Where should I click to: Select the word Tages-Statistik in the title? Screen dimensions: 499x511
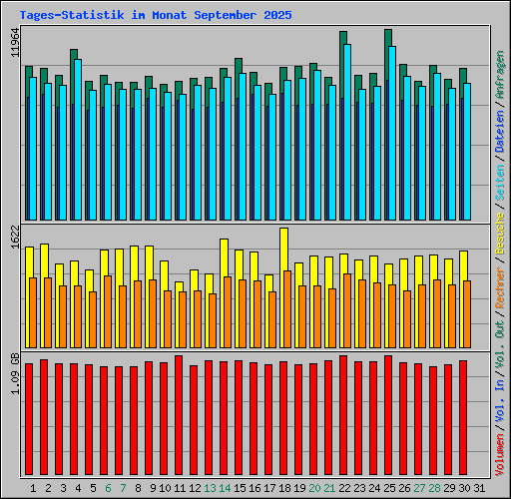click(65, 16)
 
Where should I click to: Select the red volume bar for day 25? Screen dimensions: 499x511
click(388, 417)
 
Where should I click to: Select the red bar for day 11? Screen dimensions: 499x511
click(179, 417)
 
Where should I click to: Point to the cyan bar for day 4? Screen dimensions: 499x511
click(78, 140)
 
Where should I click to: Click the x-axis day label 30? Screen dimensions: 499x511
click(464, 488)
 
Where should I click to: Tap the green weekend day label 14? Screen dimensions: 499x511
click(225, 488)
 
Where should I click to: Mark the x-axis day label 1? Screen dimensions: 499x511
click(34, 488)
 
